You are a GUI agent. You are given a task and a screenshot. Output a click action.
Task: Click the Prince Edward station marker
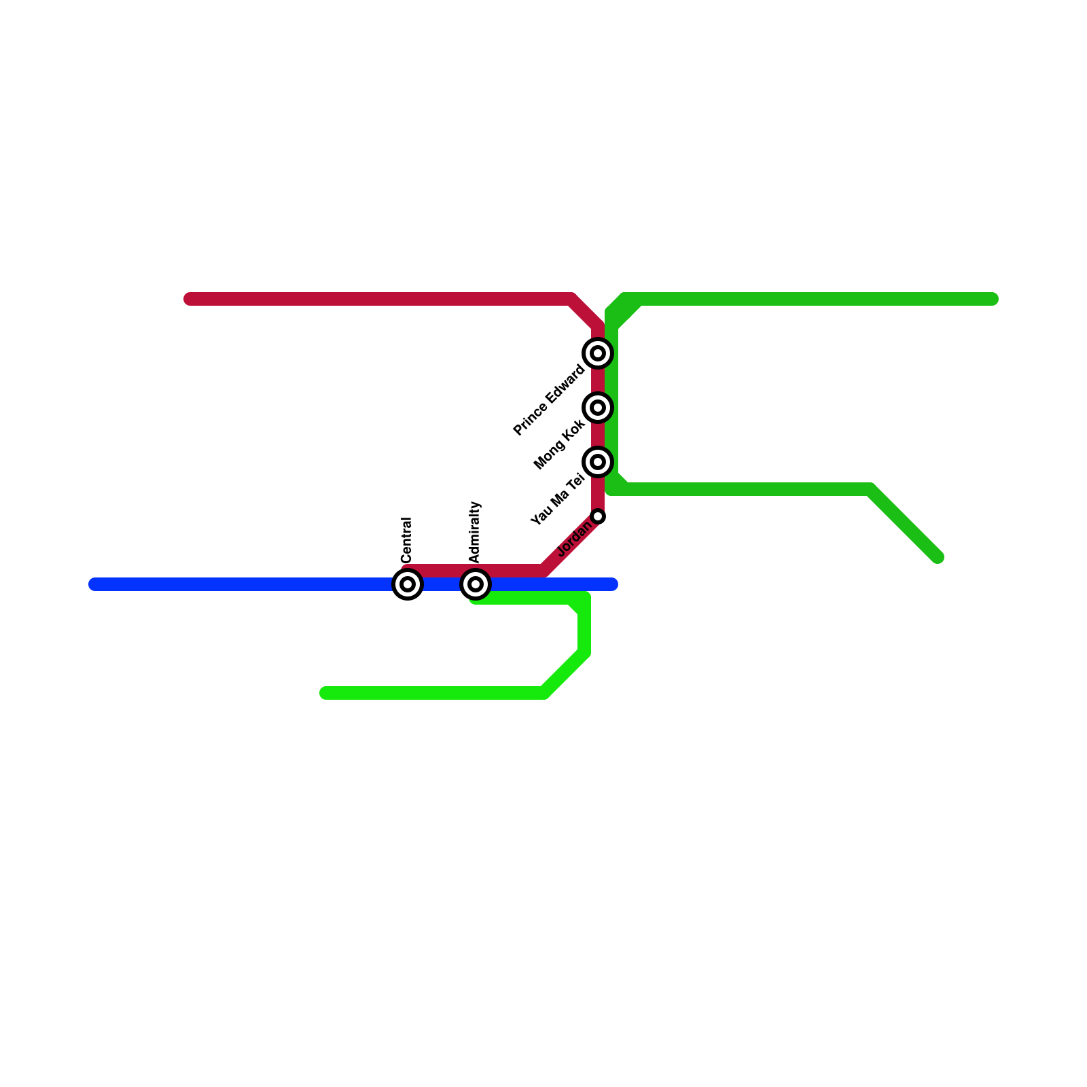click(x=598, y=353)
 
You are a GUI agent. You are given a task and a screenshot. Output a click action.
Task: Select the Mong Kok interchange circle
click(x=598, y=408)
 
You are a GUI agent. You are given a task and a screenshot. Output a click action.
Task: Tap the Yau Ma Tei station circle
click(x=598, y=462)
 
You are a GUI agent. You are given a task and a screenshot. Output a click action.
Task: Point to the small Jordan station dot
click(x=598, y=516)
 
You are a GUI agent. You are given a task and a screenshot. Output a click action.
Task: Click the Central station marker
click(x=408, y=584)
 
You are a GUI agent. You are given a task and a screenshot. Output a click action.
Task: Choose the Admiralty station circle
click(x=476, y=584)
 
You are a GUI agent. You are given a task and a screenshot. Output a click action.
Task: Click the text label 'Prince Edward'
click(x=548, y=401)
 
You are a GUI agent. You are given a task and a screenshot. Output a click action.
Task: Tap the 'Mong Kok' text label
click(x=559, y=445)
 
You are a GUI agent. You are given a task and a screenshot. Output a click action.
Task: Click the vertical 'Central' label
click(x=406, y=540)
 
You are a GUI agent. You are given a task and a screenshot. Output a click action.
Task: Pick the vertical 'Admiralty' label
click(x=474, y=533)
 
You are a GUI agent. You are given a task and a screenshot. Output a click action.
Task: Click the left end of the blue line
click(x=94, y=584)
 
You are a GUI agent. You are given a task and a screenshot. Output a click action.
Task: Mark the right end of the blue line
click(x=612, y=584)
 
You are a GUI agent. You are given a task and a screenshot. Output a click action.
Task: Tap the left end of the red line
click(x=190, y=299)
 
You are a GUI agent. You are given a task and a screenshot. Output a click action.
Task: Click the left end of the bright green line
click(x=325, y=693)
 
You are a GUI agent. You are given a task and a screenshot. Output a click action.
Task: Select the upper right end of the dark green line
click(x=993, y=299)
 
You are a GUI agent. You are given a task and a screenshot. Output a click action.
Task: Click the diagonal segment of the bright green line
click(x=565, y=673)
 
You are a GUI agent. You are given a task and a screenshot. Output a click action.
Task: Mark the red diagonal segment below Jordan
click(x=571, y=543)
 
